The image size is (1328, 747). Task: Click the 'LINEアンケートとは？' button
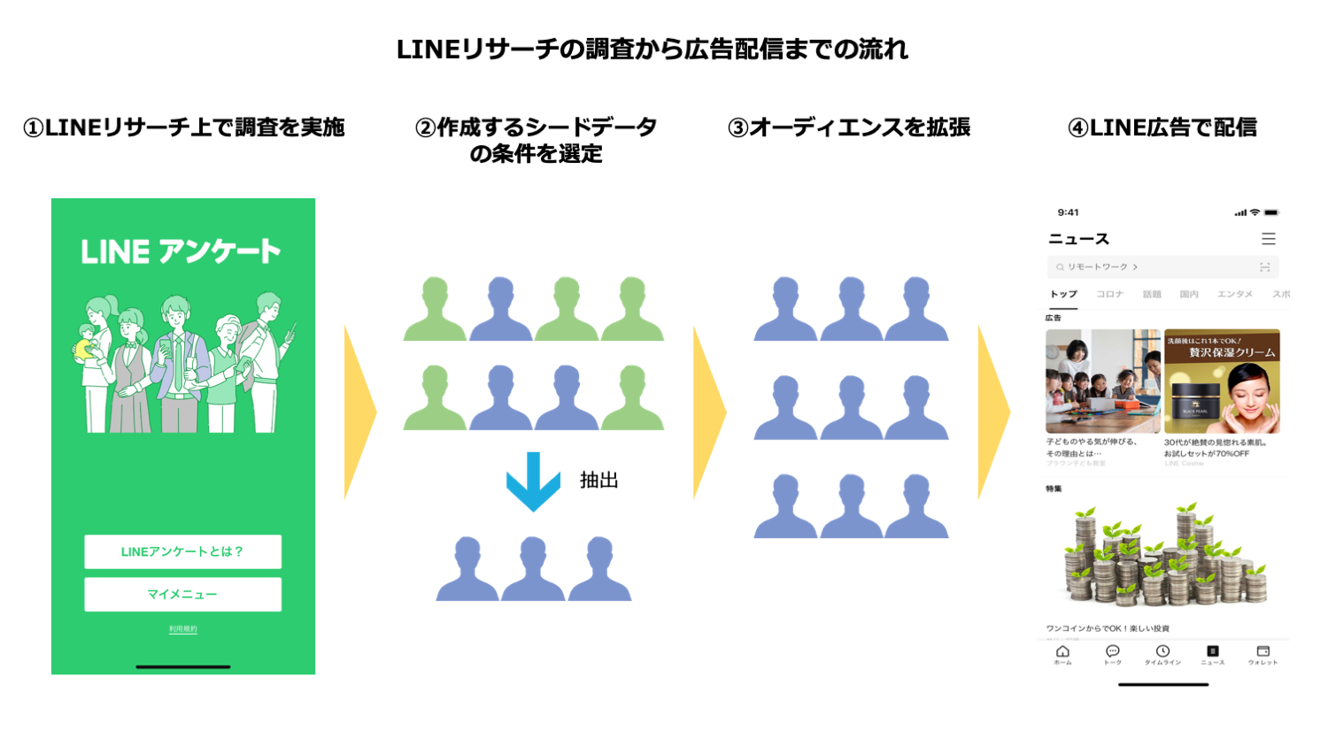coord(182,551)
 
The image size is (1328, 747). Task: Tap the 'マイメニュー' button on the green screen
coord(182,594)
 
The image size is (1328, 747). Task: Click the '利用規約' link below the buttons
coord(183,629)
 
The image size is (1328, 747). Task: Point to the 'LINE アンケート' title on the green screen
coord(181,251)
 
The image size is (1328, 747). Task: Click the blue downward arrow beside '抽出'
coord(533,481)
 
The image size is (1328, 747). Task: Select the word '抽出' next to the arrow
coord(598,481)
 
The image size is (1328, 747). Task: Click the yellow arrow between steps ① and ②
coord(359,412)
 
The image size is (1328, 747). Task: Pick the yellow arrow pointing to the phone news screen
coord(993,412)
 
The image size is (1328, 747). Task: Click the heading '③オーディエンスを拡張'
coord(848,127)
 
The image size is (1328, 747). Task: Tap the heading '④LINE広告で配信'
coord(1162,127)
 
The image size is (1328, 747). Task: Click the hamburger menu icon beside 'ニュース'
coord(1269,239)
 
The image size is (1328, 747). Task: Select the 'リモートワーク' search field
coord(1162,266)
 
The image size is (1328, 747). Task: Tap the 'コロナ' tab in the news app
coord(1109,294)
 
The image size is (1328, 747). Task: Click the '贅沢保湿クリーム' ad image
coord(1222,381)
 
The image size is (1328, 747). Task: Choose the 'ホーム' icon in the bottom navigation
coord(1062,654)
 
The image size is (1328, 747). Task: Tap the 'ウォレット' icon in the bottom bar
coord(1262,654)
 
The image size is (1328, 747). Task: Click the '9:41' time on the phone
coord(1068,212)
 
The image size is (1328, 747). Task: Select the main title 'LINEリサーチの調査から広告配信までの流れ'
coord(652,50)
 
